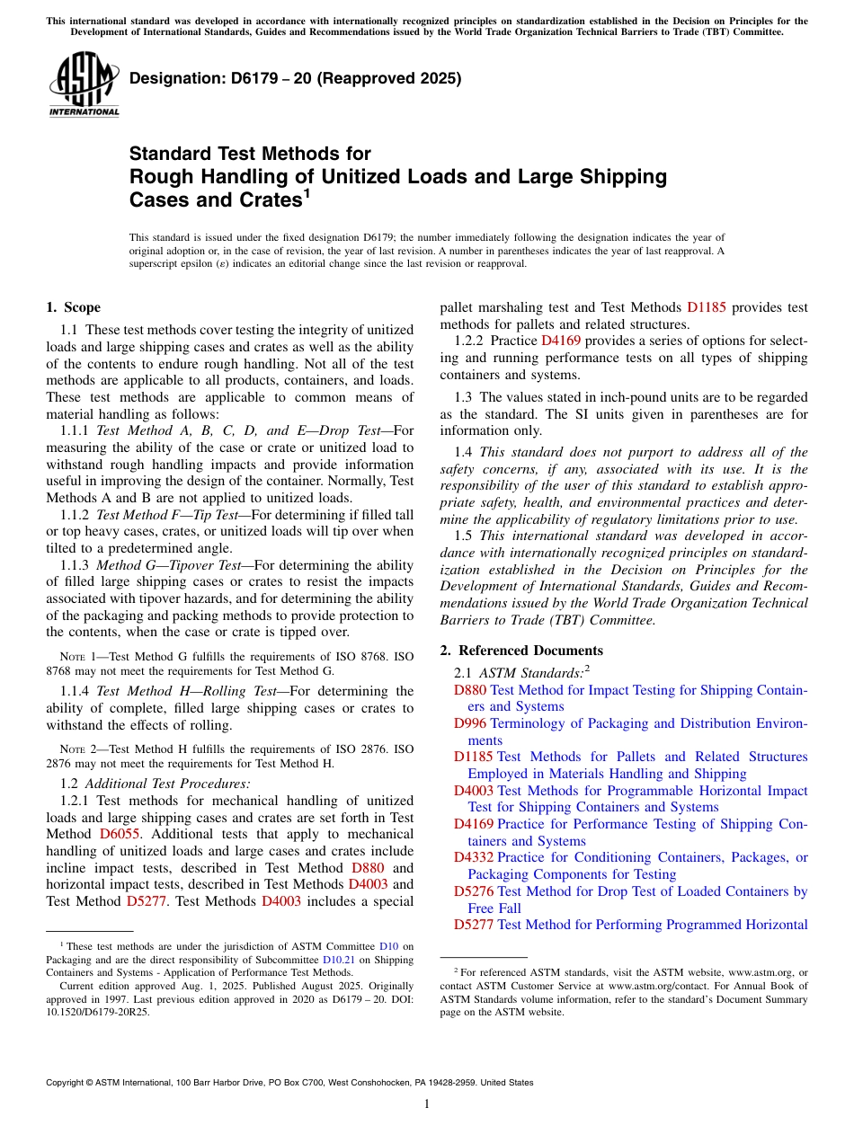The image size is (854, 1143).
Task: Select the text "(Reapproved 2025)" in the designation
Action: click(x=390, y=78)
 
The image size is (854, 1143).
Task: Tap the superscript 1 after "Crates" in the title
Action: click(x=307, y=191)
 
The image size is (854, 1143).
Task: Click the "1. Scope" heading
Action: click(x=73, y=307)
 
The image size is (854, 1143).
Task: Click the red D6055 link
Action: click(x=120, y=834)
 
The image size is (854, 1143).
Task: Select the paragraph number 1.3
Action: click(x=463, y=397)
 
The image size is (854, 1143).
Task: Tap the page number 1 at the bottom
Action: click(x=427, y=1104)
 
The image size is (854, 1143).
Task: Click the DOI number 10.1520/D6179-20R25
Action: click(x=98, y=1011)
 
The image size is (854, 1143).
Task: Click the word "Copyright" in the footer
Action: click(x=67, y=1083)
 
